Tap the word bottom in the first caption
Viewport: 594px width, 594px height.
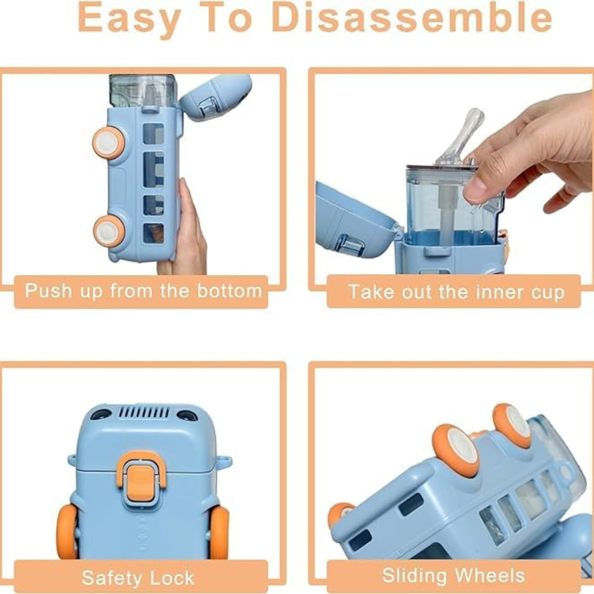point(229,291)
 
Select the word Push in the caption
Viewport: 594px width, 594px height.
point(48,291)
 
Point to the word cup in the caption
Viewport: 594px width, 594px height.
point(548,293)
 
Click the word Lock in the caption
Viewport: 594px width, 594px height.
point(172,578)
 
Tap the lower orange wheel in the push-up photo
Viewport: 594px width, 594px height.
point(109,231)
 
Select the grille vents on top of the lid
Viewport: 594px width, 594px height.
point(144,412)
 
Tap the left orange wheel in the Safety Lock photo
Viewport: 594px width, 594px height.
point(68,531)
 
